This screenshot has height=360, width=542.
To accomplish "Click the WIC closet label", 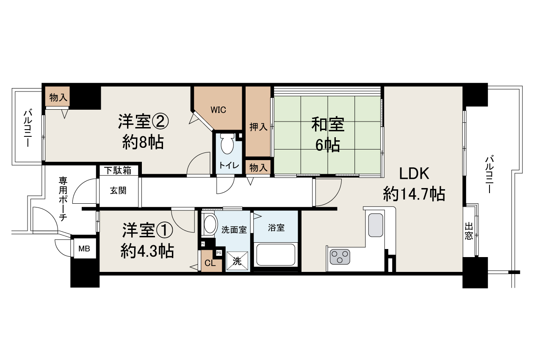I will pos(219,110).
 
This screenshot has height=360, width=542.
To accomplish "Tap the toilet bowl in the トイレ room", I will pos(227,144).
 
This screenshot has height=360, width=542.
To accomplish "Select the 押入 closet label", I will pos(258,127).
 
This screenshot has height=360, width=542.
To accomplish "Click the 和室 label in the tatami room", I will pos(328,125).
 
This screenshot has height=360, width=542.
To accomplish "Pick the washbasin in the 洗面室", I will pos(209,224).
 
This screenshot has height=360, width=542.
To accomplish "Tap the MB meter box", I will pos(84,249).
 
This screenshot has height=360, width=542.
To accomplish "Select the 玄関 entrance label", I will pos(118,191).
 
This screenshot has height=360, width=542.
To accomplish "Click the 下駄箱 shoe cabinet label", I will pos(118,170).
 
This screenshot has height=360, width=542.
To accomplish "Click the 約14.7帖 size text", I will pos(414,194).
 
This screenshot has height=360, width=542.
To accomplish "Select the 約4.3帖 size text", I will pos(147,252).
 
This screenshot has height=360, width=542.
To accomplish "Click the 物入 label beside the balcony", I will pos(58,98).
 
